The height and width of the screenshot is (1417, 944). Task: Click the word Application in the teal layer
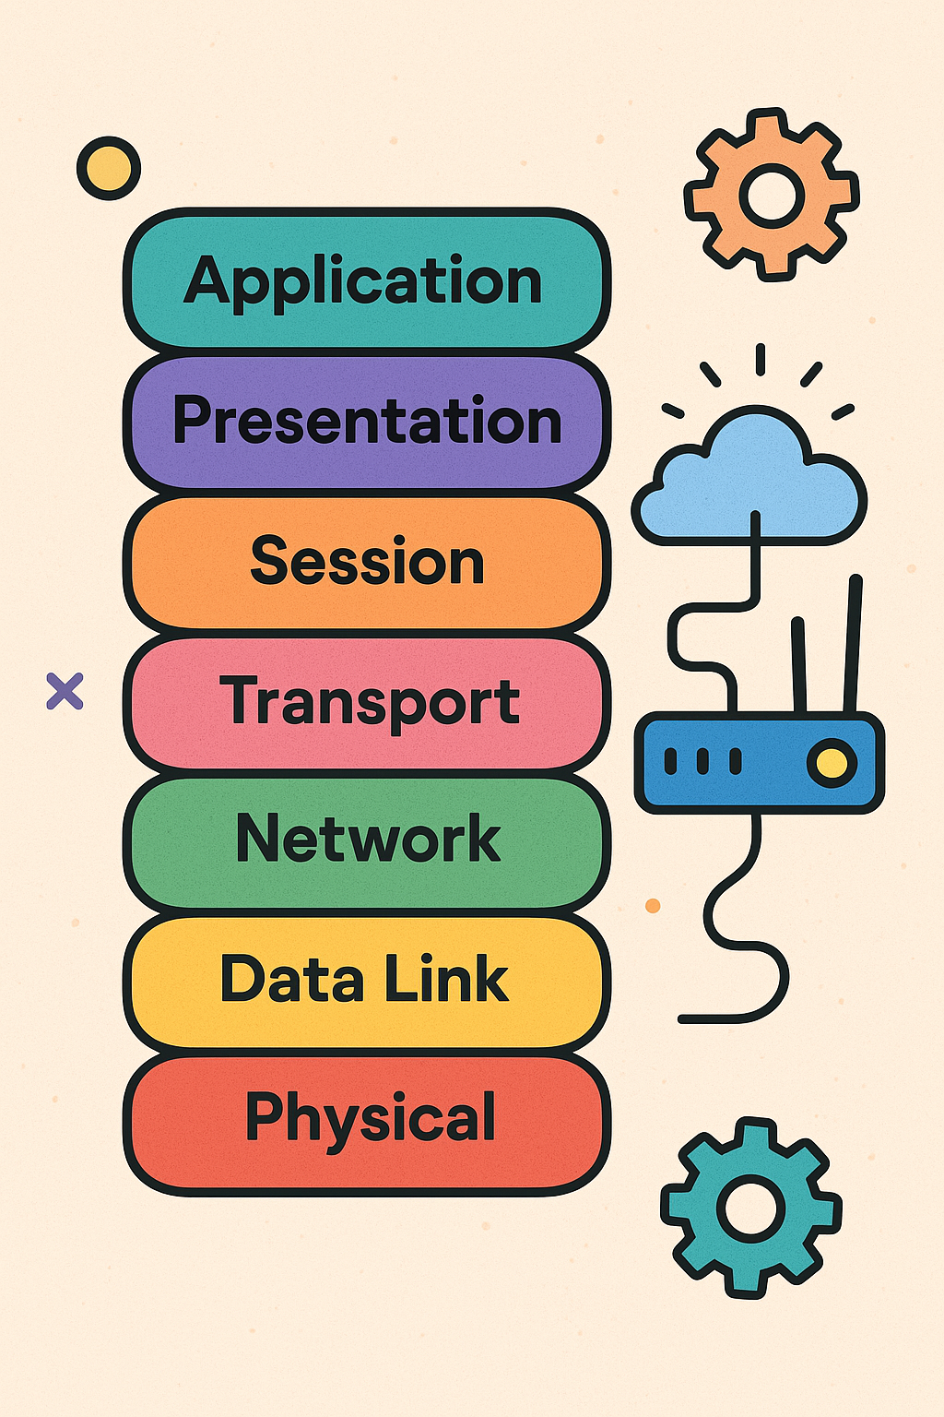[363, 281]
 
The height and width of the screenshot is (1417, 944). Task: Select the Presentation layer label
[367, 422]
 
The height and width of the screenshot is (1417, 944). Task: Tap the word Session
[367, 561]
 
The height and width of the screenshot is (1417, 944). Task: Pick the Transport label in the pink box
[370, 701]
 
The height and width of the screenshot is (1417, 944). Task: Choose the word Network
[367, 839]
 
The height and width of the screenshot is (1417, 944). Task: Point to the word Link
[446, 980]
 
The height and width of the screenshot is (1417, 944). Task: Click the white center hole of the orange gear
[772, 196]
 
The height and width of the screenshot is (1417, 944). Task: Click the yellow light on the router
[832, 763]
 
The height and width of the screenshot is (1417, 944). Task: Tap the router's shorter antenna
[799, 664]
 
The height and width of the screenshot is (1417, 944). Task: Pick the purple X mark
[65, 691]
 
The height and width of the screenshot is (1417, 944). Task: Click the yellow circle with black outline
[109, 169]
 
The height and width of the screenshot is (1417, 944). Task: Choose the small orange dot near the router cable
[653, 906]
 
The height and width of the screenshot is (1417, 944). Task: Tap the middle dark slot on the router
[702, 762]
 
